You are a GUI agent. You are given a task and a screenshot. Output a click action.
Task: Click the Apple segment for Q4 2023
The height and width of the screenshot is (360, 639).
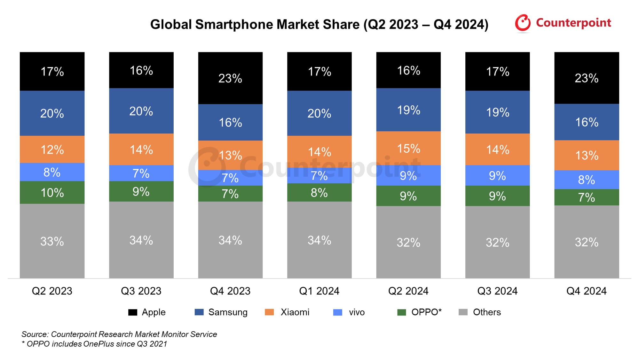point(230,78)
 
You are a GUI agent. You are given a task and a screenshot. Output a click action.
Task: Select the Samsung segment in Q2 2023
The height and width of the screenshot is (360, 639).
point(52,113)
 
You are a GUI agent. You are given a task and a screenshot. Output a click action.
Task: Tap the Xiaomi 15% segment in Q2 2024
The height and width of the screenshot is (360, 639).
point(408,148)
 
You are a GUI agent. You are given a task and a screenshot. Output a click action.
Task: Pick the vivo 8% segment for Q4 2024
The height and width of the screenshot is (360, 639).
point(587,180)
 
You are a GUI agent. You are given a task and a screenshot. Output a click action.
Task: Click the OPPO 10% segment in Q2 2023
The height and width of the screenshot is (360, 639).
point(52,193)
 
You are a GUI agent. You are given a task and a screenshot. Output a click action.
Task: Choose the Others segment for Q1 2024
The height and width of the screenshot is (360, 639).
point(319,240)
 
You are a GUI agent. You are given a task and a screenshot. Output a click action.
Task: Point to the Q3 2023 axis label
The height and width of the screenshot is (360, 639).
point(141,291)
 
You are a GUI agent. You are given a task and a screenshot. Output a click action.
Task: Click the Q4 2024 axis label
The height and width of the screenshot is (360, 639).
point(587,291)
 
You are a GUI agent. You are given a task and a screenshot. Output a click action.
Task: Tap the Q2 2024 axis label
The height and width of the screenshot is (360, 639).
point(408,291)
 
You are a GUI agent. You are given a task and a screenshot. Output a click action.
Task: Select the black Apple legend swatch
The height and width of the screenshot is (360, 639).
point(132,312)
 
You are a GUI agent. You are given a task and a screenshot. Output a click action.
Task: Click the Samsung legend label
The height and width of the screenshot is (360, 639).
point(228,312)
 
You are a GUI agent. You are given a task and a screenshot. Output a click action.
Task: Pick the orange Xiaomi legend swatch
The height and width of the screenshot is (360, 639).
point(269,312)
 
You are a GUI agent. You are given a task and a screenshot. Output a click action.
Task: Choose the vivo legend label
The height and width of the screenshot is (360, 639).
point(357,312)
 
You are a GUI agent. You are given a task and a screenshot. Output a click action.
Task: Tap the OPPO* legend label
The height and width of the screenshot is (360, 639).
point(426,312)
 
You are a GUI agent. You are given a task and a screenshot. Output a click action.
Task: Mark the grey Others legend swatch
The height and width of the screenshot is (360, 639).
point(463,312)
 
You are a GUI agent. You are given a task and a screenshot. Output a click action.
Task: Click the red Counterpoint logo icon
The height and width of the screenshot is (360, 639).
point(523,23)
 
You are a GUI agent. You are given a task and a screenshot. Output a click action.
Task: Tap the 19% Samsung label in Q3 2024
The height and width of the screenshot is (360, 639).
point(497,112)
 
